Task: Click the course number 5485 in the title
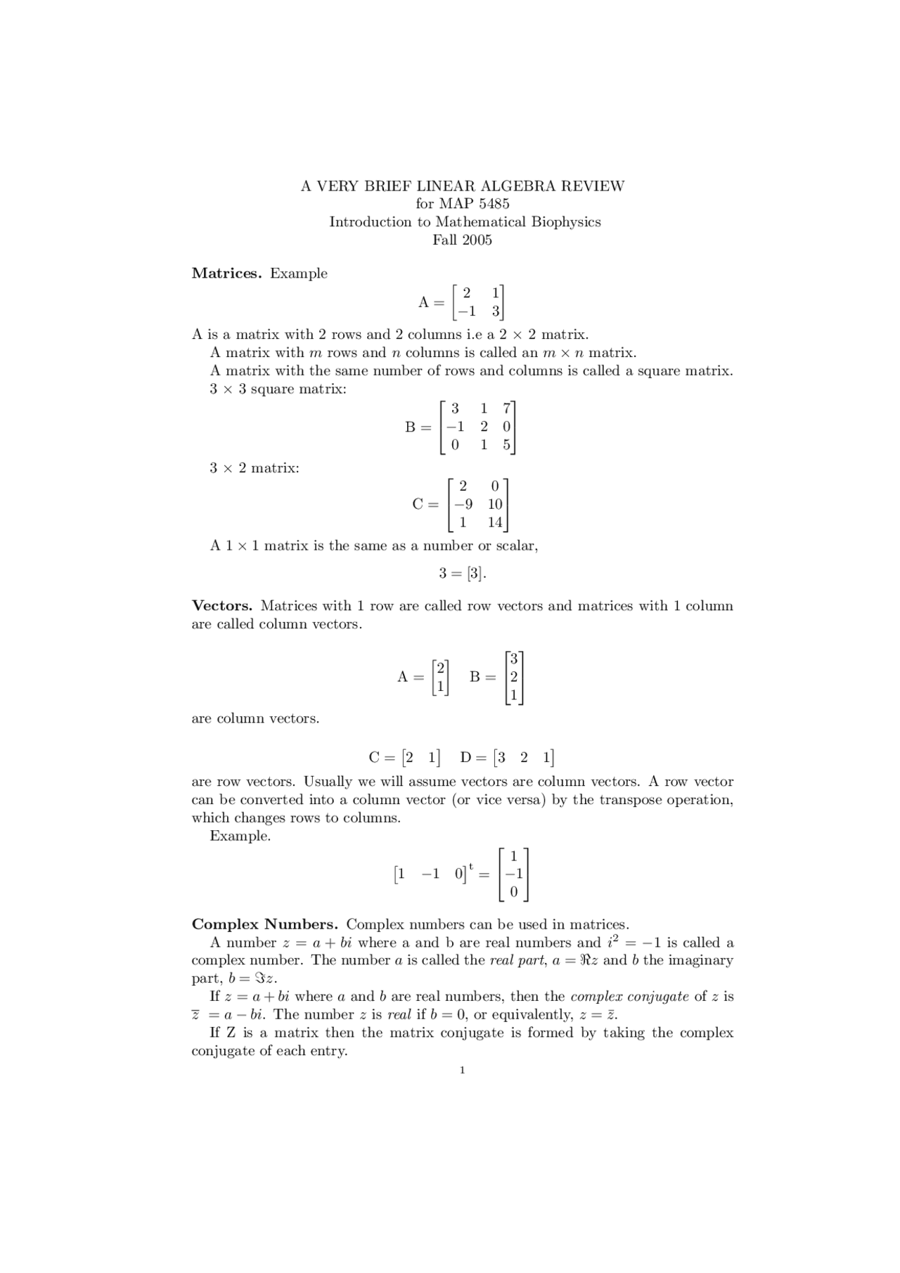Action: tap(494, 204)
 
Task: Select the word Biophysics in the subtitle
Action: tap(565, 222)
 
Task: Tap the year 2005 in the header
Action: tap(476, 240)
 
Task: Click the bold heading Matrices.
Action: tap(226, 273)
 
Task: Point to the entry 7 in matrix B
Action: tap(506, 408)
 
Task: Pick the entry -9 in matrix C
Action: tap(463, 504)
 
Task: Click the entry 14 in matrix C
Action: tap(495, 522)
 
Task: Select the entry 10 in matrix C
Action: tap(495, 504)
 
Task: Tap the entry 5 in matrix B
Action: tap(506, 445)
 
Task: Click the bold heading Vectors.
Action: tap(222, 606)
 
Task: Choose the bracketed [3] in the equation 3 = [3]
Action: tap(475, 574)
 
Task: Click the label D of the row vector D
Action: tap(465, 758)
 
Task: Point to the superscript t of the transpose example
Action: tap(471, 867)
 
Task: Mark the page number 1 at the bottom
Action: tap(462, 1071)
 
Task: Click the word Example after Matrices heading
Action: tap(299, 273)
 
